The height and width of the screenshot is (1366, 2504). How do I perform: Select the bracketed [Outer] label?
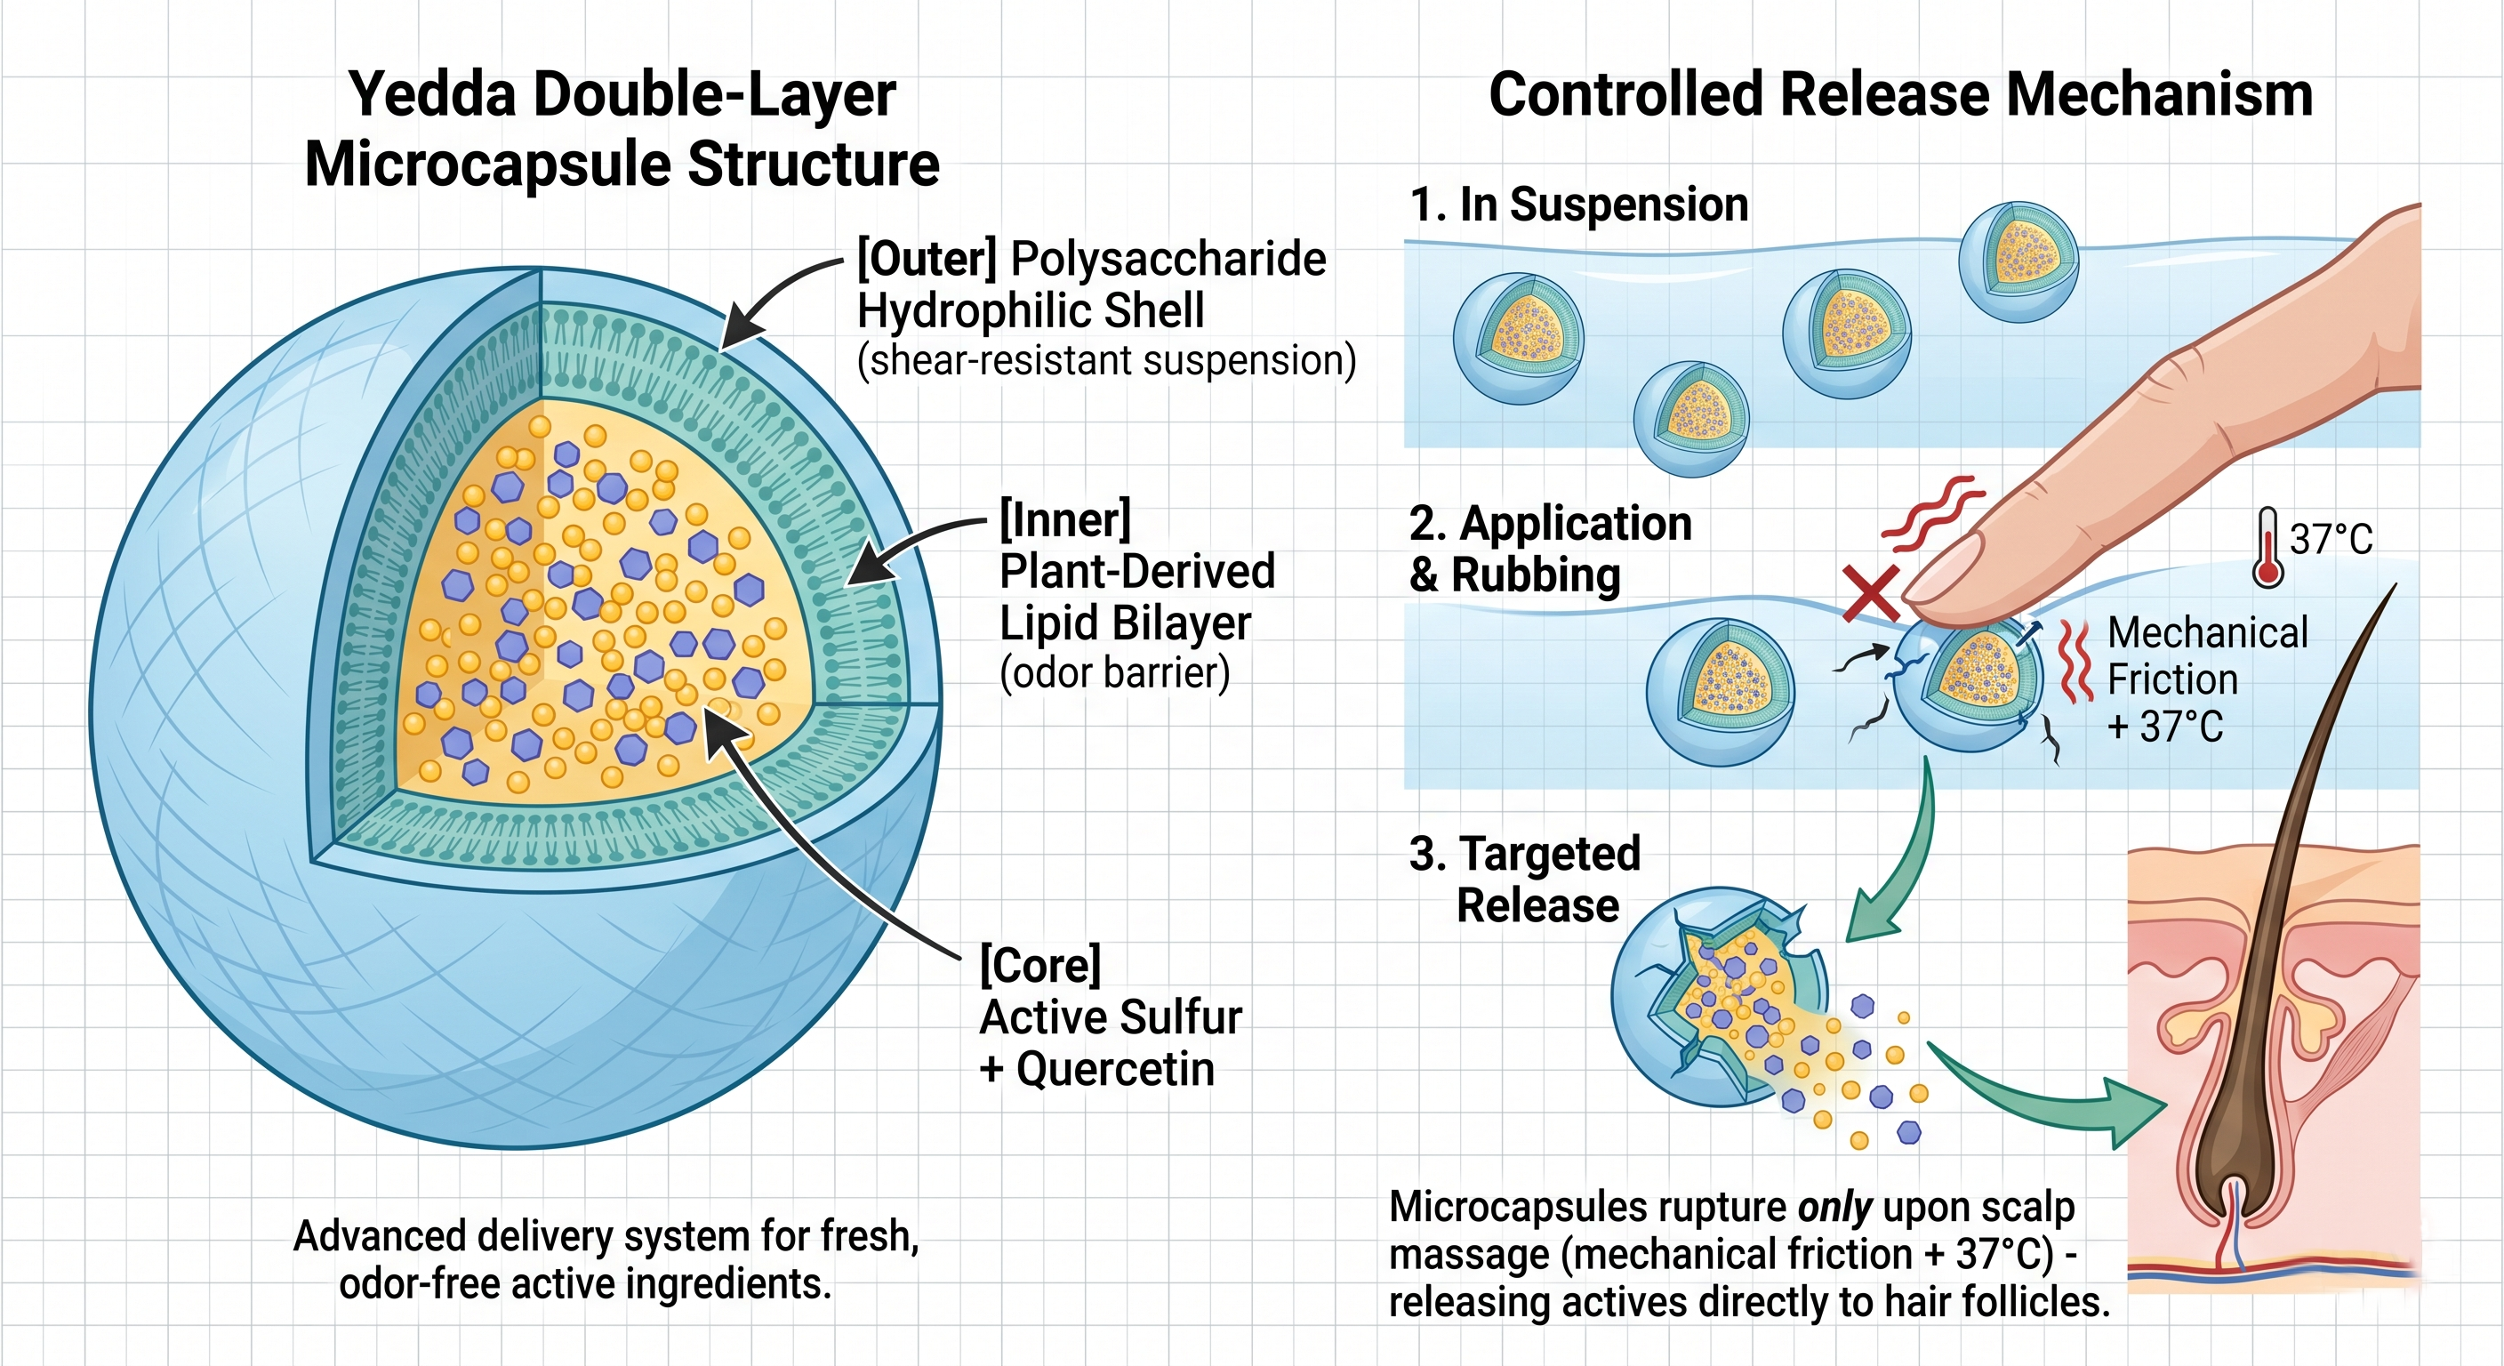coord(927,260)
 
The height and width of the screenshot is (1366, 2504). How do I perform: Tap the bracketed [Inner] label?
coord(1065,520)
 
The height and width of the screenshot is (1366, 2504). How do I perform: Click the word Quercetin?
coord(1116,1068)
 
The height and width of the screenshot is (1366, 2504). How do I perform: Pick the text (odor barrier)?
coord(1115,673)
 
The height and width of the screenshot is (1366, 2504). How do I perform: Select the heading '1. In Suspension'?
coord(1578,205)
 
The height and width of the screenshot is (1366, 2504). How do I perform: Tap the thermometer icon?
coord(2267,547)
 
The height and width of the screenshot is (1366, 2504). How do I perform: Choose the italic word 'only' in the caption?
coord(1834,1208)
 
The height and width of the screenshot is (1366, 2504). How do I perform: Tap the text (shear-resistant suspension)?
coord(1106,361)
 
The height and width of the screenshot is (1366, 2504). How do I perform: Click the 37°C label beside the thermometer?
coord(2331,539)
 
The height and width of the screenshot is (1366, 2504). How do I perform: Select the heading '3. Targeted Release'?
coord(1525,879)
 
